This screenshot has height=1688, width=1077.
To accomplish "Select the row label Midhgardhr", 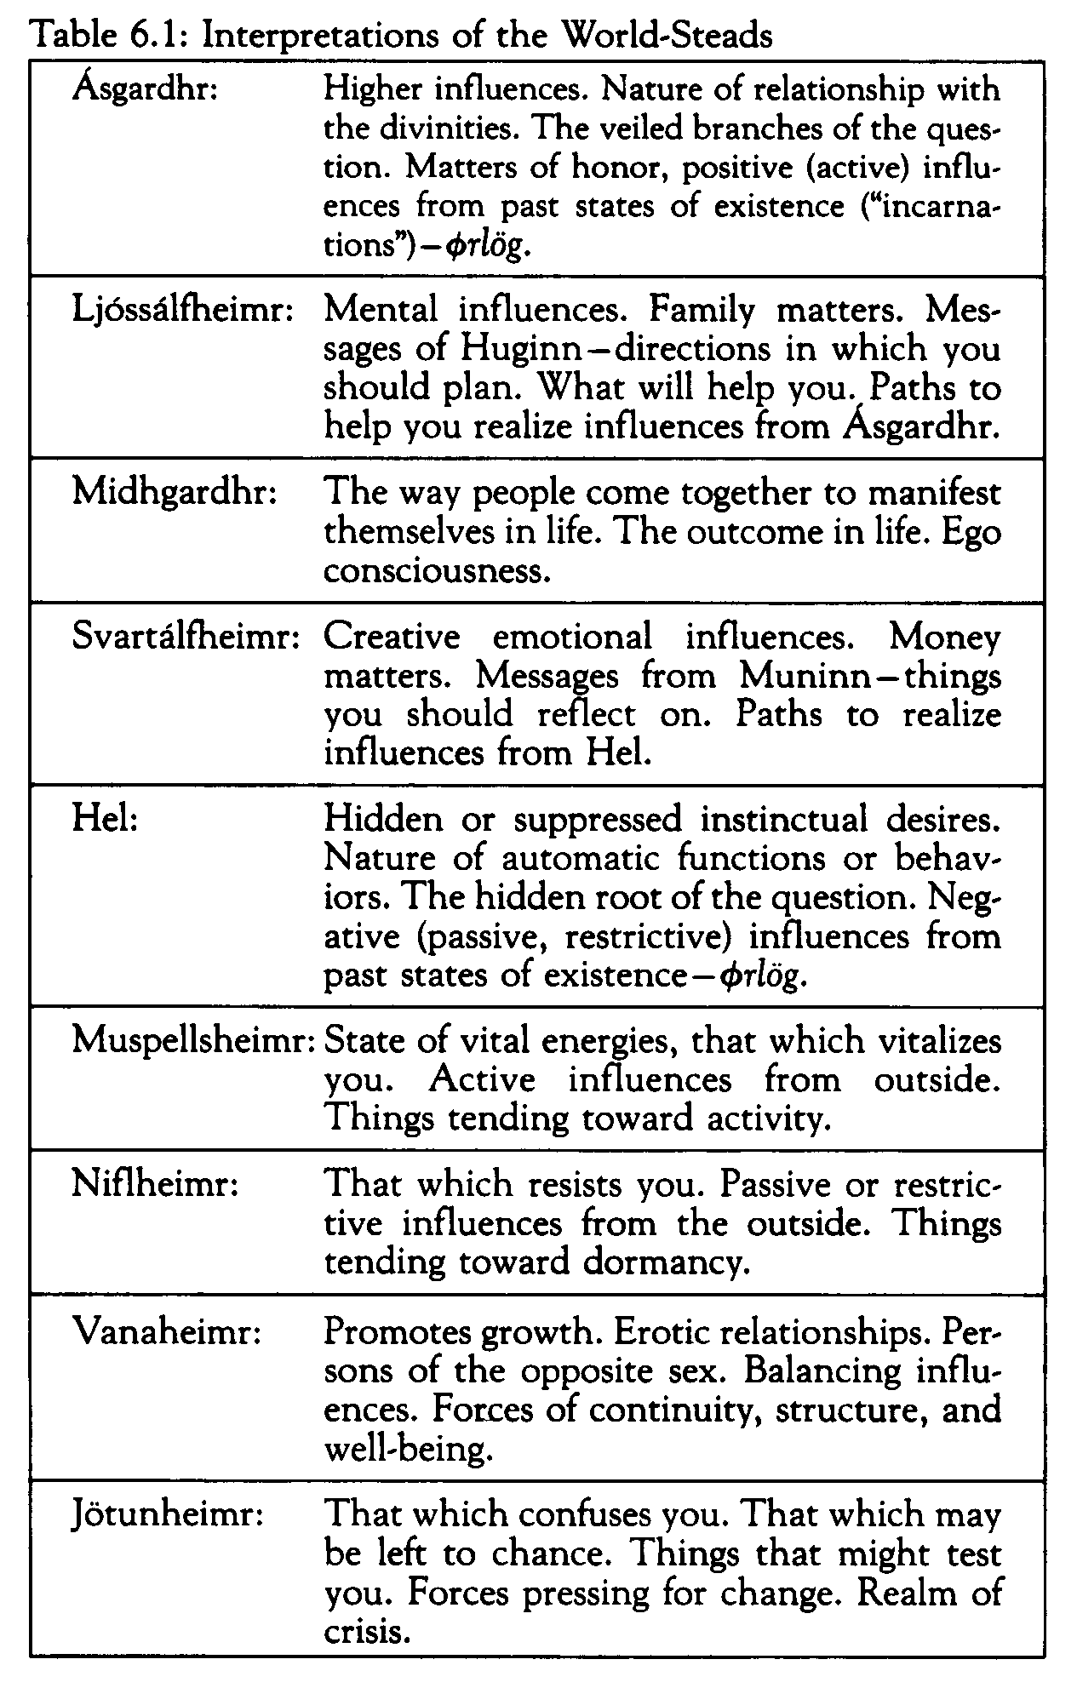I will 175,493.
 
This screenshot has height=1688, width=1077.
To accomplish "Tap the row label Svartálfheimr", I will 186,637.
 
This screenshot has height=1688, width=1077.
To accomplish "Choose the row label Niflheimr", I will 154,1184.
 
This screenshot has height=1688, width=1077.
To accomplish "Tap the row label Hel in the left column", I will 105,819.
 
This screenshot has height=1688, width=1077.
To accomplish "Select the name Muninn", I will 797,677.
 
